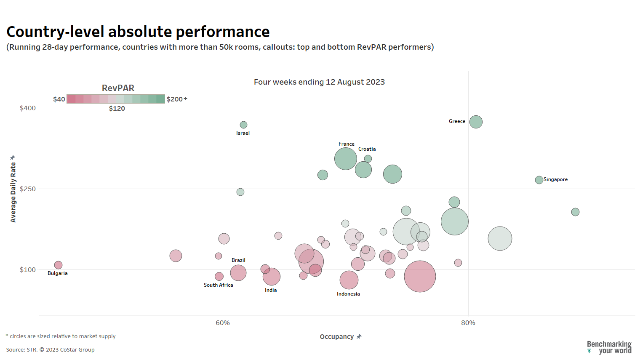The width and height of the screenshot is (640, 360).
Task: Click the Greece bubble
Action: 476,122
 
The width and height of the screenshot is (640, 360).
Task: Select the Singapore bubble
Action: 539,180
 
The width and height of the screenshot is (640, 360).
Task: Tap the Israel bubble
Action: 243,125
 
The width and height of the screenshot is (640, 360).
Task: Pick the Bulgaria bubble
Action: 58,265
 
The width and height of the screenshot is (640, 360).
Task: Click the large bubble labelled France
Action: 346,159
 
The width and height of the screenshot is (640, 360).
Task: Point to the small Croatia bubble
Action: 368,159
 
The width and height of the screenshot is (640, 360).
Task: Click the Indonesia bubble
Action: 349,280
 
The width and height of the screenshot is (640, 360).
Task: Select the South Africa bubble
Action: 219,276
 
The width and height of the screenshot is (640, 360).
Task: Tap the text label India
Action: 271,290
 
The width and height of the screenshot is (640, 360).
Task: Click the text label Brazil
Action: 238,260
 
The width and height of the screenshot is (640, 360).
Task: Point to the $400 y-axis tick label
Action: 28,108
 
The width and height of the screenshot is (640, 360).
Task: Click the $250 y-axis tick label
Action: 28,189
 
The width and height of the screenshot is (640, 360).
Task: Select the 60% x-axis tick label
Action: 223,323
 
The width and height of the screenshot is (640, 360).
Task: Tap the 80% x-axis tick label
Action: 468,323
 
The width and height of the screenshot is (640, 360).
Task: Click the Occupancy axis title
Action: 337,337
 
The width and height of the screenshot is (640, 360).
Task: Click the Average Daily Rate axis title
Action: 13,192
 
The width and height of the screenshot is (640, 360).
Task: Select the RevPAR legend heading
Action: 118,88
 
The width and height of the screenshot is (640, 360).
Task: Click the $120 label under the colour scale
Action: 117,109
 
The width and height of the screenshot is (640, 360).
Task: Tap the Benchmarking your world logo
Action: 609,347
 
